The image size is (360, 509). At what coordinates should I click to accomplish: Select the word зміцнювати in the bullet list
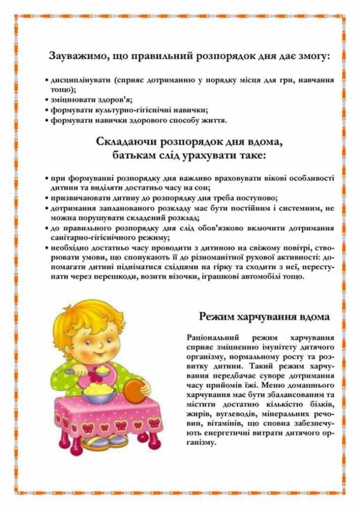tap(67, 99)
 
